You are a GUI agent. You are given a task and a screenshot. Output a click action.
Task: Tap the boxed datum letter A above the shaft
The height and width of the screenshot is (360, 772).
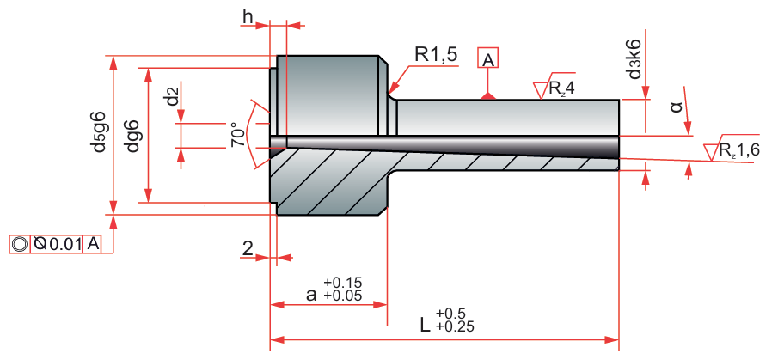point(487,59)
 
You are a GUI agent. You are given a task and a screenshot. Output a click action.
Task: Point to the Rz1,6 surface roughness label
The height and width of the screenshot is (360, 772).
point(739,150)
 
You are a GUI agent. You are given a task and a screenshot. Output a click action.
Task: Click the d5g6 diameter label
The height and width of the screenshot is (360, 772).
point(100,131)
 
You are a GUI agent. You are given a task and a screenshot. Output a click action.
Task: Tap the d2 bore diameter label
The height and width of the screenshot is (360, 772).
point(174,97)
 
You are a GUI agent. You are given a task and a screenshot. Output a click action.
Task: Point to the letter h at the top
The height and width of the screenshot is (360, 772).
point(248,16)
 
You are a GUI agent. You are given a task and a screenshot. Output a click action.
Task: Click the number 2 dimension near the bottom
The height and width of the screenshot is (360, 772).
point(248,249)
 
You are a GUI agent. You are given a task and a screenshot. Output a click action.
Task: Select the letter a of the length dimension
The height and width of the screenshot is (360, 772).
point(311,295)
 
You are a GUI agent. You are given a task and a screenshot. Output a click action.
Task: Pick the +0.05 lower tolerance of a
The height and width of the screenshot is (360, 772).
point(342,296)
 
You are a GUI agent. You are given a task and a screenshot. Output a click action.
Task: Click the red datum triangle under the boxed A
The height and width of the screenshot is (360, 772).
point(487,95)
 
